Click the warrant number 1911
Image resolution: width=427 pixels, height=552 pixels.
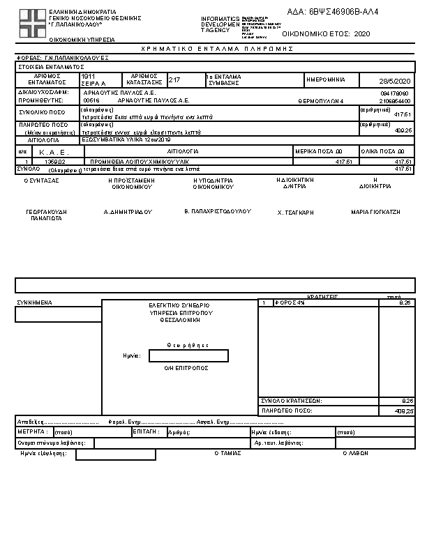click(x=89, y=76)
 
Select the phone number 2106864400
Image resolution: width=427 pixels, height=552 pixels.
click(x=395, y=100)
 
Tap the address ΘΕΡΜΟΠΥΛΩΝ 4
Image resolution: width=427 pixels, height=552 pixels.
click(x=320, y=100)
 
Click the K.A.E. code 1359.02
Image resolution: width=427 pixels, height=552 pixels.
click(x=54, y=161)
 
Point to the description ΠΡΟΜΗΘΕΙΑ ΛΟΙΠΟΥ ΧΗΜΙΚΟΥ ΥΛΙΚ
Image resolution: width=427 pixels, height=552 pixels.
click(x=126, y=161)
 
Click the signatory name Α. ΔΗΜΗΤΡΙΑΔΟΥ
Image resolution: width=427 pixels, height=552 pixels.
click(x=128, y=210)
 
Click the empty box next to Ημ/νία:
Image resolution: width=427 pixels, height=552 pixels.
click(x=188, y=356)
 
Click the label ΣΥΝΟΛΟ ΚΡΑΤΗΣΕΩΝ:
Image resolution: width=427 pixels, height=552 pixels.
click(x=292, y=401)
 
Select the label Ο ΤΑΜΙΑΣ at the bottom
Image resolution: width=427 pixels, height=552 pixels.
click(x=228, y=453)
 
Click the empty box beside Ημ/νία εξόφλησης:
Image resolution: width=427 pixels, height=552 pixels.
click(x=116, y=455)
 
